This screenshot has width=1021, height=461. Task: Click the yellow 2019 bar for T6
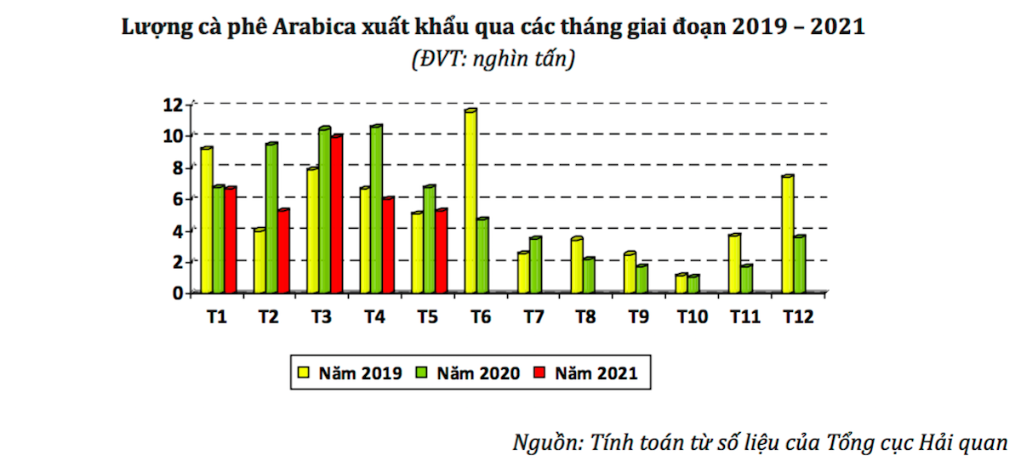470,202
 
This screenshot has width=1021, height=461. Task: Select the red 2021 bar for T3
336,214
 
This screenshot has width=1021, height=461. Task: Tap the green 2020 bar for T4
375,210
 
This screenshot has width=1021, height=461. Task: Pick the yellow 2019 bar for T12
787,235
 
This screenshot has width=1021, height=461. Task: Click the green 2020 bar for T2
271,219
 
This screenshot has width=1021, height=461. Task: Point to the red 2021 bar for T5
441,252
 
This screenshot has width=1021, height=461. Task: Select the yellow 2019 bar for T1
206,221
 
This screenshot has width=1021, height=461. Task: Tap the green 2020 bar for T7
534,265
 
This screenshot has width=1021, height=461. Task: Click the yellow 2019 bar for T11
734,264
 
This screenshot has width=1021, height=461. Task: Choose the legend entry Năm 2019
351,373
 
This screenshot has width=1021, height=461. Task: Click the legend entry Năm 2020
468,373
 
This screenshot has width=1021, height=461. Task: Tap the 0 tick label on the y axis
177,293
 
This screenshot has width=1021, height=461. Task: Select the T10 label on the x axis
692,317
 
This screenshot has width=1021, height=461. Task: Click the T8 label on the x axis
585,317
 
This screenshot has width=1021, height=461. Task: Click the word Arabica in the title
327,27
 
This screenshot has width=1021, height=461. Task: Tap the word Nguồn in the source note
545,442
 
